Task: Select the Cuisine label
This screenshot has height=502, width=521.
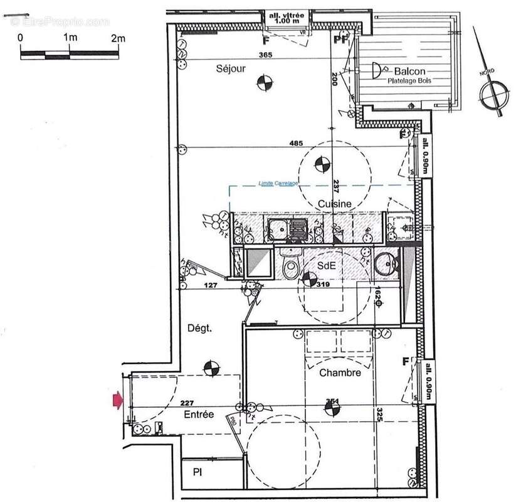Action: (x=334, y=203)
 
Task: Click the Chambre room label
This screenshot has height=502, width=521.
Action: (x=340, y=373)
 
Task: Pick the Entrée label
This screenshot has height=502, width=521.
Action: (x=199, y=415)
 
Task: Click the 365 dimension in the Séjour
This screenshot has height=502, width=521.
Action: (x=248, y=56)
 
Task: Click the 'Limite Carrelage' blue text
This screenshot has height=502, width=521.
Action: (x=278, y=183)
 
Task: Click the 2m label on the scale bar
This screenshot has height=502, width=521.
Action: (x=118, y=38)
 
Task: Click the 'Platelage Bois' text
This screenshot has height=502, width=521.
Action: (x=411, y=82)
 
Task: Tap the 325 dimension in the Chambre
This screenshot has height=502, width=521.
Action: (x=379, y=415)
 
